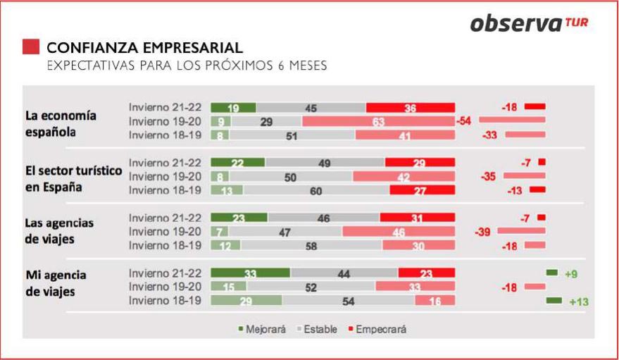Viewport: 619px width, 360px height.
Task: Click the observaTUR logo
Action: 529,23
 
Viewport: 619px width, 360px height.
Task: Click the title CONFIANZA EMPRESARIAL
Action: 144,48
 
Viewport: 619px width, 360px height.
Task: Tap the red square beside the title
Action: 31,47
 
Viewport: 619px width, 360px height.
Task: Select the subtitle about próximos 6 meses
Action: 187,66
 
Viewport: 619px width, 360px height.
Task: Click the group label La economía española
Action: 61,123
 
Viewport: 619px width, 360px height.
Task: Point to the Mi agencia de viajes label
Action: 56,282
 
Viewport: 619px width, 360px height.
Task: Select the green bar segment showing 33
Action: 250,273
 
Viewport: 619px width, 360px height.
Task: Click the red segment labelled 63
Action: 378,122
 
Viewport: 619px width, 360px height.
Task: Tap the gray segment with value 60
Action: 316,190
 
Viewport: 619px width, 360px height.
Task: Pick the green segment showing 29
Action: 246,301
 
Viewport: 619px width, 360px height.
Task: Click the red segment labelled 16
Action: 434,301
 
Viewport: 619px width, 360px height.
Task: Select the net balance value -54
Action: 463,121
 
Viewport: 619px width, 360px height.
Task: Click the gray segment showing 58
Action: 311,244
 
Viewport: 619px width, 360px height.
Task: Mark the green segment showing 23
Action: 239,218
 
